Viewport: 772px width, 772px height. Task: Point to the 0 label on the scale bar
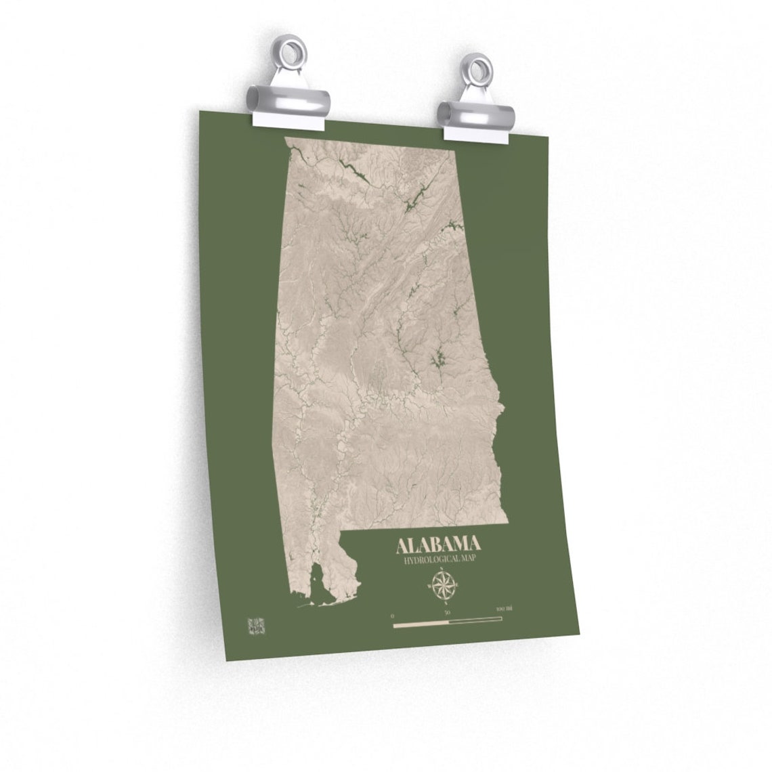click(x=393, y=615)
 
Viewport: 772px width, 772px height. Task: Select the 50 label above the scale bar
click(x=447, y=613)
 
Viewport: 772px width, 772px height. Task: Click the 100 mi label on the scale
click(x=503, y=611)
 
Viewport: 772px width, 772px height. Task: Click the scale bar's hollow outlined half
click(x=475, y=619)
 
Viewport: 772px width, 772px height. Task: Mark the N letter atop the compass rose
click(x=443, y=570)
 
